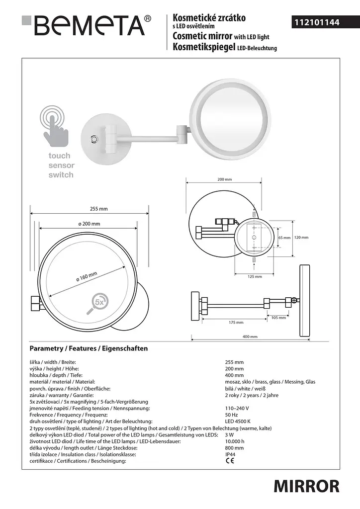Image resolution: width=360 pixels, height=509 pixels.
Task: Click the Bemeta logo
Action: point(87,25)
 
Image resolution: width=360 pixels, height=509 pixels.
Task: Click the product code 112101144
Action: point(317,22)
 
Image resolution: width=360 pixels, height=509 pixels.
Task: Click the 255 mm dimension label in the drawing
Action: point(98,209)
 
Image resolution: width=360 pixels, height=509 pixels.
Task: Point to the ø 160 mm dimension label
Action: point(87,277)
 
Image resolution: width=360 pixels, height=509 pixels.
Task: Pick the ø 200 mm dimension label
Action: point(90,224)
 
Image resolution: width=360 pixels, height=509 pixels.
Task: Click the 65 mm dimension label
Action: point(284,238)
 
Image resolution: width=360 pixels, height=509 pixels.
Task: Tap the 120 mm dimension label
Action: point(301,237)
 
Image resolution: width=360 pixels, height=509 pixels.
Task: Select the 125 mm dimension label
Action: point(255,276)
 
